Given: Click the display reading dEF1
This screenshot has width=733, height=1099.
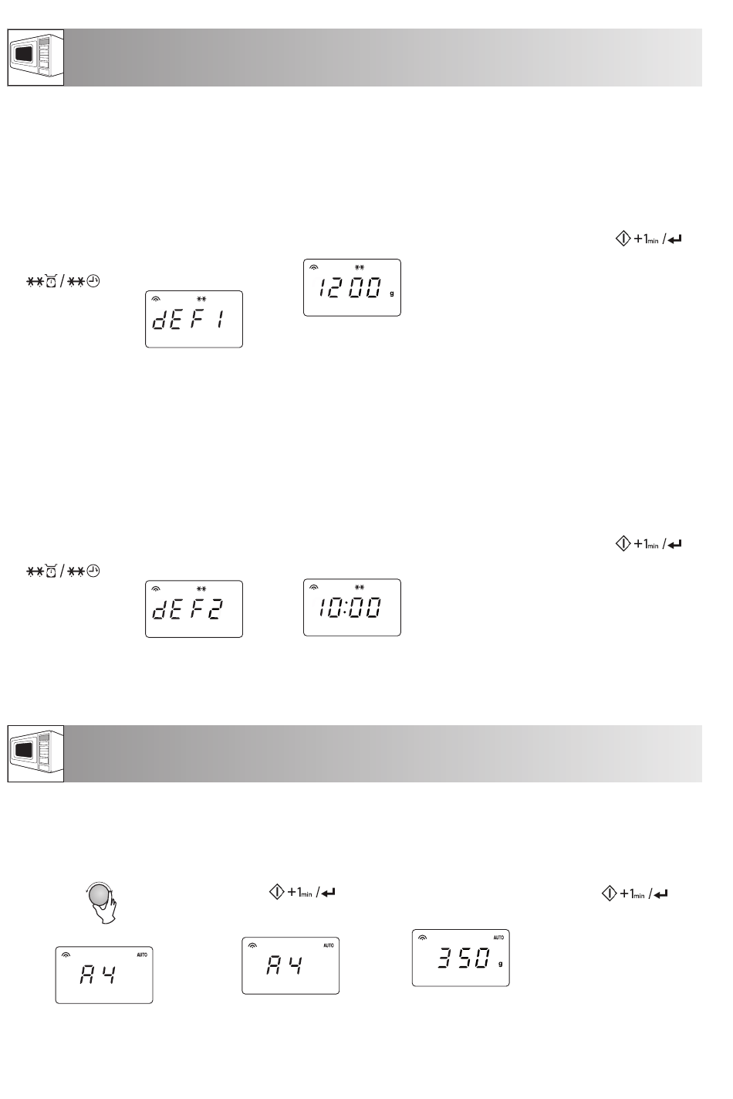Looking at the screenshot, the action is (194, 319).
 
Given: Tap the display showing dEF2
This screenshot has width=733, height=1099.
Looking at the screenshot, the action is (194, 609).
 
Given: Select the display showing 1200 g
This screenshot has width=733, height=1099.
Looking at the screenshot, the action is (352, 287).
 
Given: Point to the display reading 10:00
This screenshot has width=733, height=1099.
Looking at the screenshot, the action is (352, 607).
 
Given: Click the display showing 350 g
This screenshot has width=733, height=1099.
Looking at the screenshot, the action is (461, 958).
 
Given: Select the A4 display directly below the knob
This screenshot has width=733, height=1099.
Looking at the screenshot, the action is (104, 975).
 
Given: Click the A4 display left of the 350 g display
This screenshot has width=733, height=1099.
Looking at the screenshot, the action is (290, 965).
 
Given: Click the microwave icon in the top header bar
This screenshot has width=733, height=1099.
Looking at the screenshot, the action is (35, 57).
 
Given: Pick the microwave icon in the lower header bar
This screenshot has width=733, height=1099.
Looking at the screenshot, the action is (35, 754).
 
